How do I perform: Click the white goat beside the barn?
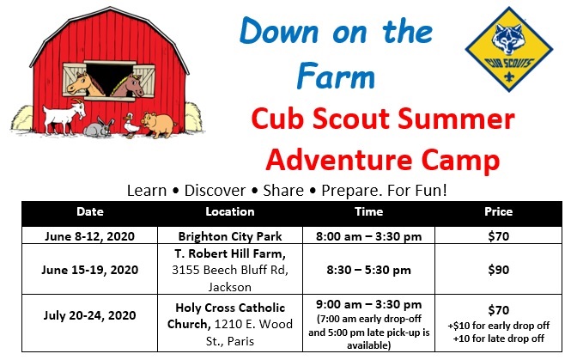click(x=64, y=116)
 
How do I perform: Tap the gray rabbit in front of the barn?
click(x=98, y=127)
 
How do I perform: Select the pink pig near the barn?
click(x=159, y=125)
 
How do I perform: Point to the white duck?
click(x=131, y=125)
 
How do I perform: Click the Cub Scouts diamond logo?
click(x=509, y=49)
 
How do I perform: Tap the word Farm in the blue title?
click(x=336, y=76)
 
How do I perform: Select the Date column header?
click(x=90, y=211)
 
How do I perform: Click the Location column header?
click(x=230, y=211)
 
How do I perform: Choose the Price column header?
click(x=499, y=211)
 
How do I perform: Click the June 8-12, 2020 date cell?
click(x=90, y=236)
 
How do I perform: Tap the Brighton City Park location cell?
click(x=230, y=236)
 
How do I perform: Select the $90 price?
click(x=499, y=270)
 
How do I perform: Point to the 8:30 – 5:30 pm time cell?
click(x=368, y=270)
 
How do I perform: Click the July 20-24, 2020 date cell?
click(x=90, y=315)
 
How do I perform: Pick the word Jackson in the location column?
click(x=230, y=287)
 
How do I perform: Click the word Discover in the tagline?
click(x=215, y=191)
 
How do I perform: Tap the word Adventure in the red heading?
click(x=338, y=160)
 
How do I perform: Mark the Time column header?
click(x=368, y=211)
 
